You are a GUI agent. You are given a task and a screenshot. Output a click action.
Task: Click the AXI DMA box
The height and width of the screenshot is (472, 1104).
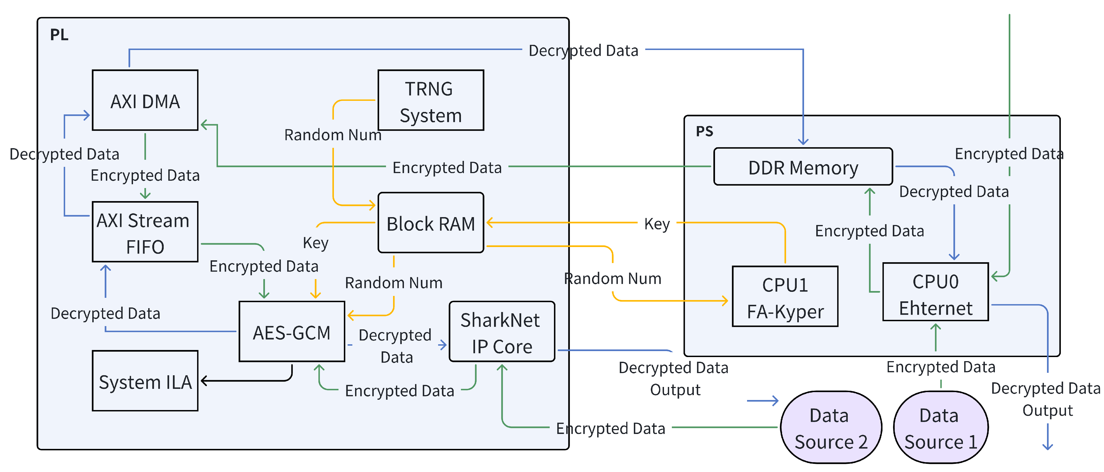tap(145, 101)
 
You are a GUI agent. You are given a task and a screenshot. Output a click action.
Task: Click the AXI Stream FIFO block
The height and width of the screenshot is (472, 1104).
tap(145, 232)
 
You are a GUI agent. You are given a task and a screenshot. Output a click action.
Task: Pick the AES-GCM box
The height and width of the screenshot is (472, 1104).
tap(292, 332)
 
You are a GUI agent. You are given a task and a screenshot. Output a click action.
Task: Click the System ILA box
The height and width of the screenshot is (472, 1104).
tap(145, 381)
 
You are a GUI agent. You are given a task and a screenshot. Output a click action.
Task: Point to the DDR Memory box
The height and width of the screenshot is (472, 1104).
tap(802, 167)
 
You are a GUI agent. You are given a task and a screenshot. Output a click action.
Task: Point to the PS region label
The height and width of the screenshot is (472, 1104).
tap(704, 131)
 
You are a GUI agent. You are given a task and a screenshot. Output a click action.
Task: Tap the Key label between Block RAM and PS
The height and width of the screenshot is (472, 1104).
tap(657, 224)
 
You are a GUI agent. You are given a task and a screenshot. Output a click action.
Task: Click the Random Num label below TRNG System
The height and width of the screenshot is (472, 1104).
tap(333, 135)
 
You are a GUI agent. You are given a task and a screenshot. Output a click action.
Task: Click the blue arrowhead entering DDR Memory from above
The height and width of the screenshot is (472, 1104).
tap(803, 142)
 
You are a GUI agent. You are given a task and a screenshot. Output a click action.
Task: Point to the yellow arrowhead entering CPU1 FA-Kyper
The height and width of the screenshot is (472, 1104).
tap(725, 301)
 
